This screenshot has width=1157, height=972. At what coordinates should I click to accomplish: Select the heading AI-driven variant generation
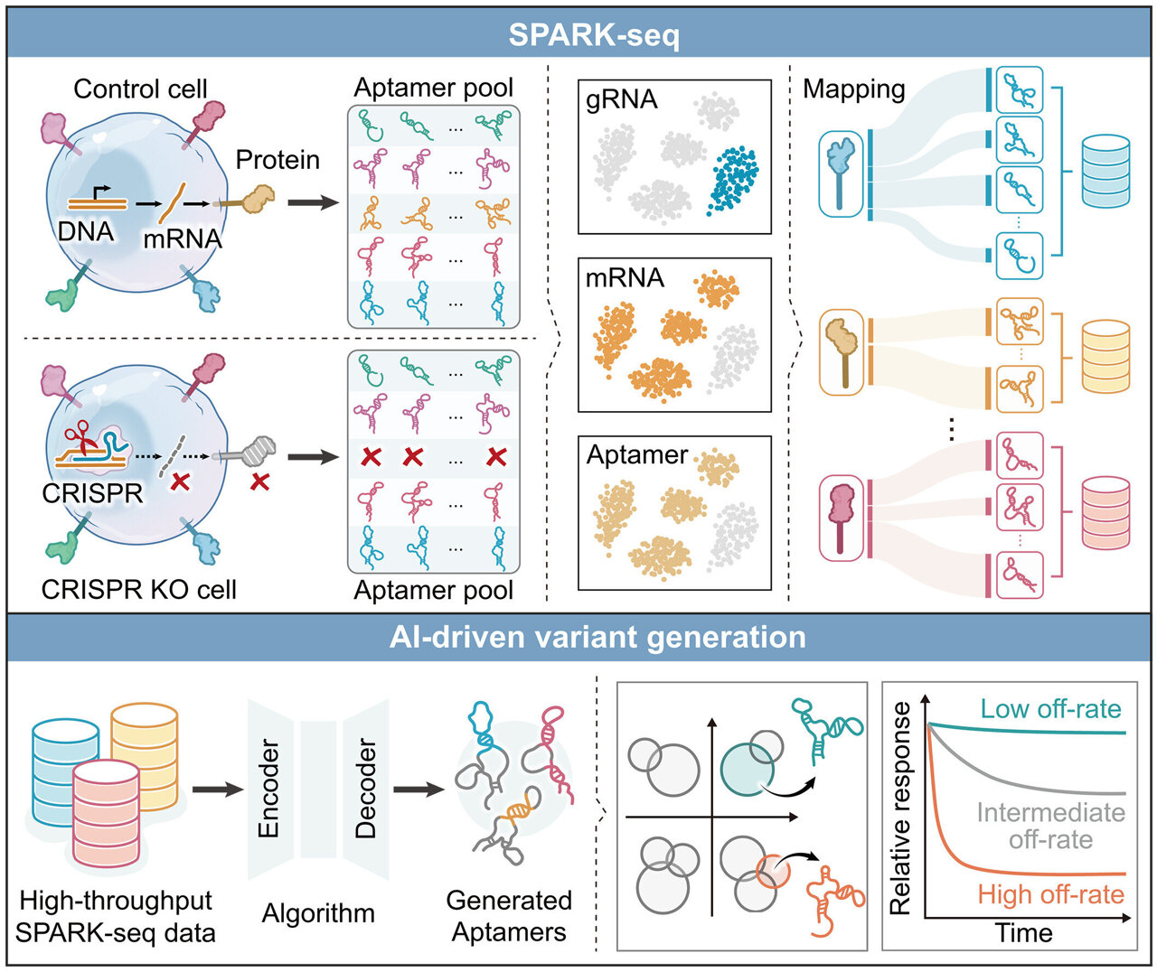tap(597, 637)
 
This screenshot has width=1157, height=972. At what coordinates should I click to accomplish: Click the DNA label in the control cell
tap(86, 231)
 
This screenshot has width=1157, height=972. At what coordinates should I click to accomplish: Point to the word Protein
tap(277, 160)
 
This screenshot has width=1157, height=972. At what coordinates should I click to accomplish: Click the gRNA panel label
tap(621, 99)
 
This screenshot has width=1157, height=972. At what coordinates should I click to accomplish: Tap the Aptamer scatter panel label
tap(637, 453)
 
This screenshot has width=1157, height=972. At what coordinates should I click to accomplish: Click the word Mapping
tap(853, 89)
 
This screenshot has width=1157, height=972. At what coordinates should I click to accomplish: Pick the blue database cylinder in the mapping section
tap(1105, 169)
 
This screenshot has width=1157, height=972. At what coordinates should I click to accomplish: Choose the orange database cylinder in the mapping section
tap(1105, 356)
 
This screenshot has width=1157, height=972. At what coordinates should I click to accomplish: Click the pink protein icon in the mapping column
tap(841, 517)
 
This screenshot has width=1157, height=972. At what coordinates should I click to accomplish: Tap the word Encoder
tap(268, 789)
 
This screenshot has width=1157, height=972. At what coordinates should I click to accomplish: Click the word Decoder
tap(366, 789)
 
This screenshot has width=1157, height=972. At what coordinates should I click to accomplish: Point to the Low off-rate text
tap(1050, 709)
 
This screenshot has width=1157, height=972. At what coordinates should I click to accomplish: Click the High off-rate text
tap(1050, 894)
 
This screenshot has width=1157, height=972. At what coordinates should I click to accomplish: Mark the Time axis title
tap(1023, 932)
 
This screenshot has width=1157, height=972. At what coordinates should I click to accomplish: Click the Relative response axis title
tap(900, 808)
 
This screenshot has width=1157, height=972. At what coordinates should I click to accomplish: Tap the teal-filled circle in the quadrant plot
tap(747, 768)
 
